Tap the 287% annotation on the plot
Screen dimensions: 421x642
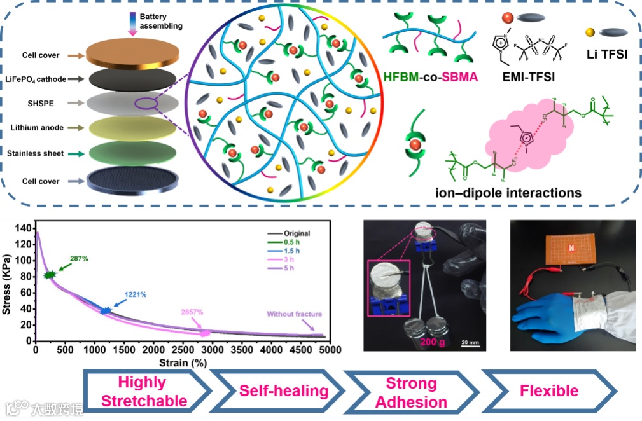[x=78, y=258]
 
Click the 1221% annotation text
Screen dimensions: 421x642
[x=136, y=294]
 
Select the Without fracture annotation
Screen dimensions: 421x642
[x=294, y=314]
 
